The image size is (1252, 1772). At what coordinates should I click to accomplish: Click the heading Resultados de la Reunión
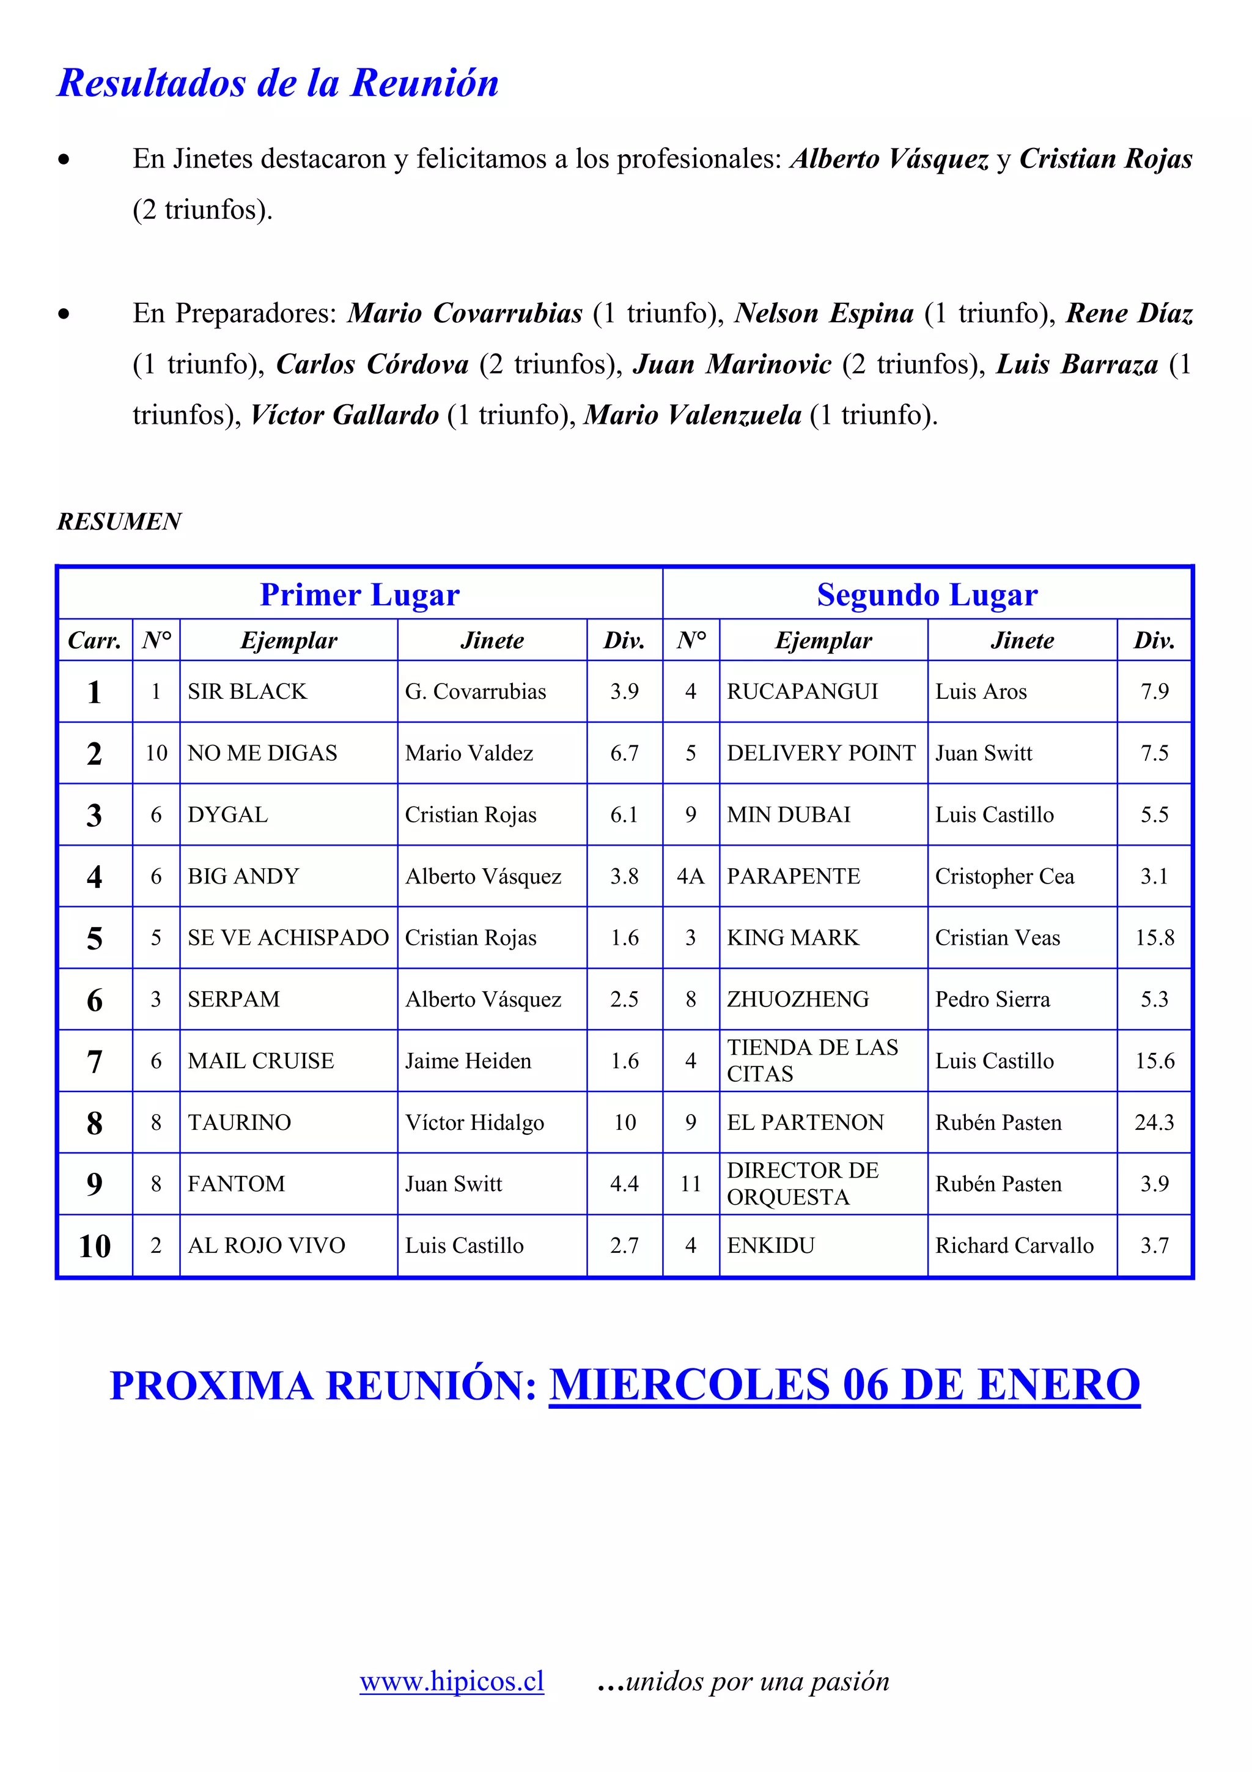click(x=278, y=83)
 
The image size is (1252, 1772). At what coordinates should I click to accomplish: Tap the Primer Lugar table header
click(x=359, y=594)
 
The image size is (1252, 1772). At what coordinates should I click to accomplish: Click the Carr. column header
click(x=95, y=641)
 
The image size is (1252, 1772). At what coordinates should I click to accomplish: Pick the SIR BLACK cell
click(x=247, y=692)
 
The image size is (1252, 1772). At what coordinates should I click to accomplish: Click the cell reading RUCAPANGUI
click(x=802, y=692)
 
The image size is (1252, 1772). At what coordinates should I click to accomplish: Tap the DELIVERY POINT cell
click(x=821, y=753)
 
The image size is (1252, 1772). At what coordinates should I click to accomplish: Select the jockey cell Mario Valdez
click(x=469, y=753)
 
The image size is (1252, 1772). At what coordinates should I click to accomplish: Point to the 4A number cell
click(x=690, y=876)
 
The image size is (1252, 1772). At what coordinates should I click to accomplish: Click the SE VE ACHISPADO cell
click(x=288, y=938)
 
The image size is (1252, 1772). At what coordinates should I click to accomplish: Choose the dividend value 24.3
click(x=1154, y=1122)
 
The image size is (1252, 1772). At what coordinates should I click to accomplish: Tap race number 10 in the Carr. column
click(x=95, y=1246)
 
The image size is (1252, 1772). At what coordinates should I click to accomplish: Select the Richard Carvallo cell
click(x=1014, y=1246)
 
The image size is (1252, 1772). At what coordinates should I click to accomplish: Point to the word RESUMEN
click(x=120, y=522)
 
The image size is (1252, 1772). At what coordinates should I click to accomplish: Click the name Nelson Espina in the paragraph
click(x=824, y=313)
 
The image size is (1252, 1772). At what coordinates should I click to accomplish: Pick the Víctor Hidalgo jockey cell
click(x=474, y=1122)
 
